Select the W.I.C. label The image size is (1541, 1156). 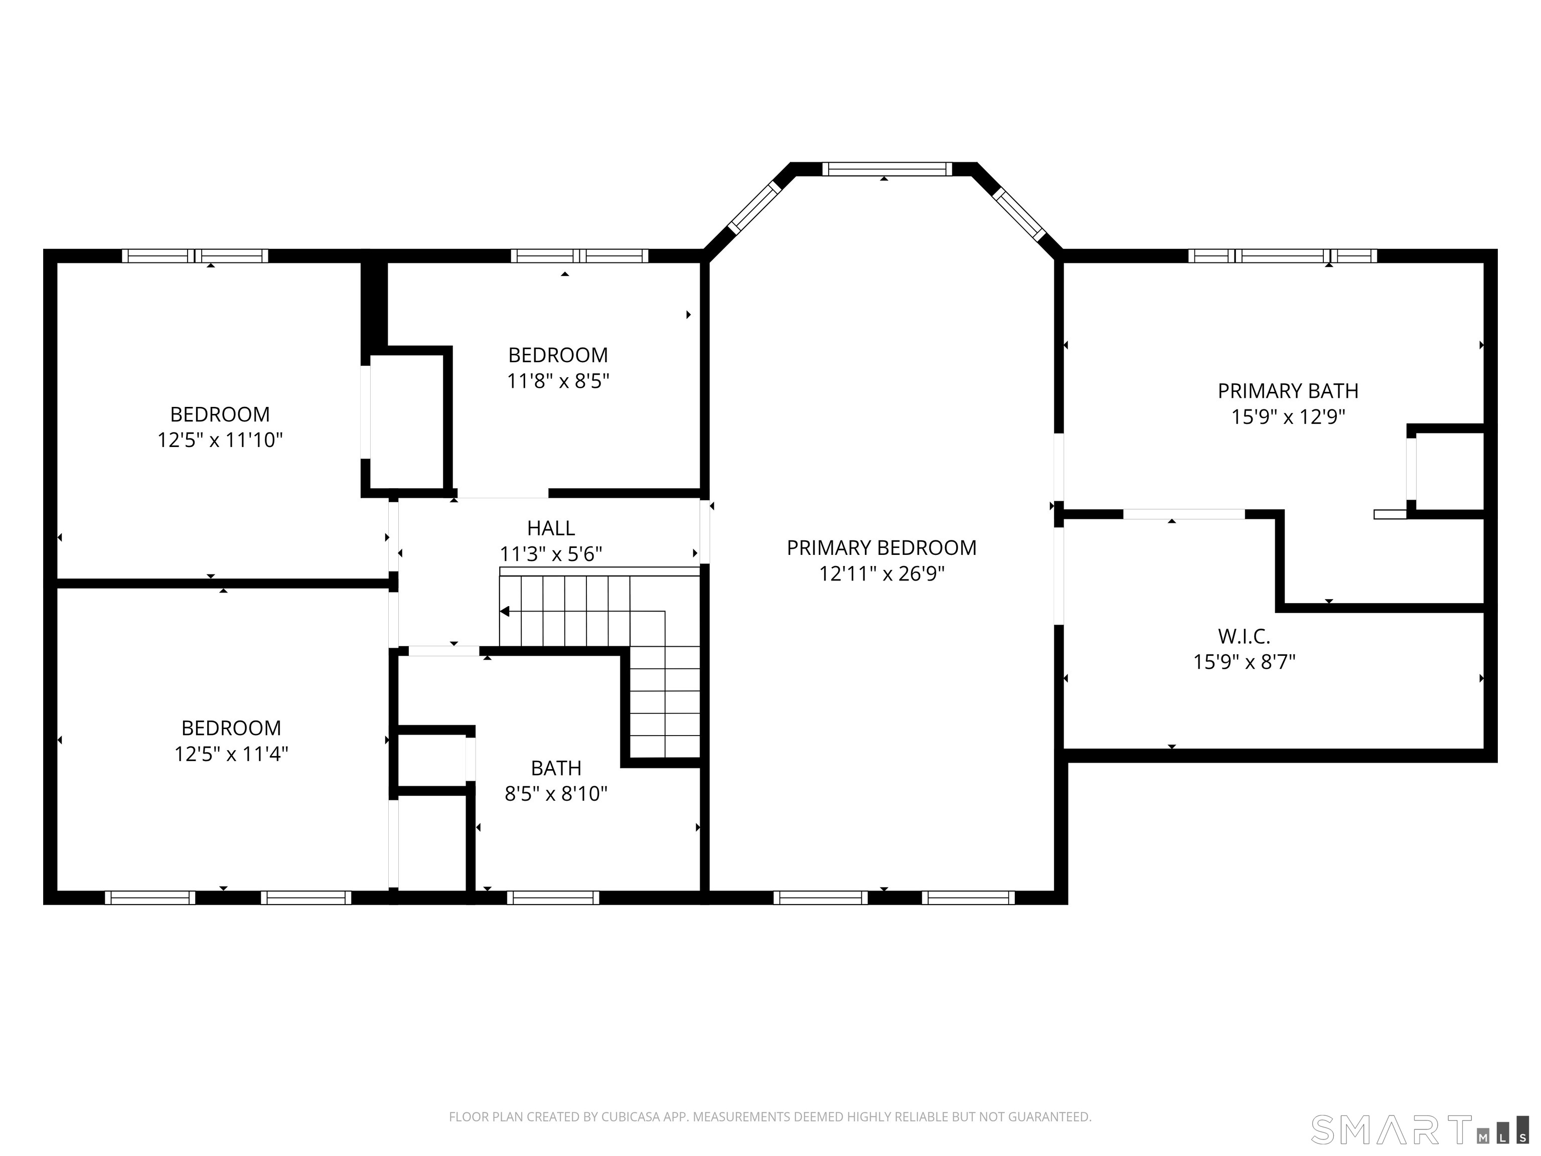pyautogui.click(x=1244, y=636)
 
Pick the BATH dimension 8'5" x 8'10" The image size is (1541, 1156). pyautogui.click(x=555, y=794)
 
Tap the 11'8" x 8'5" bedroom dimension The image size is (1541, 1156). pyautogui.click(x=557, y=381)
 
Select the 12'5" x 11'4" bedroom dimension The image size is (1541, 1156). pyautogui.click(x=231, y=754)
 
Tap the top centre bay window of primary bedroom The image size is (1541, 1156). pyautogui.click(x=886, y=169)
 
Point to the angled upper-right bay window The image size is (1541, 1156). pyautogui.click(x=1018, y=213)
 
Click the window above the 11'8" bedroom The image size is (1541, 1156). pyautogui.click(x=579, y=256)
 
